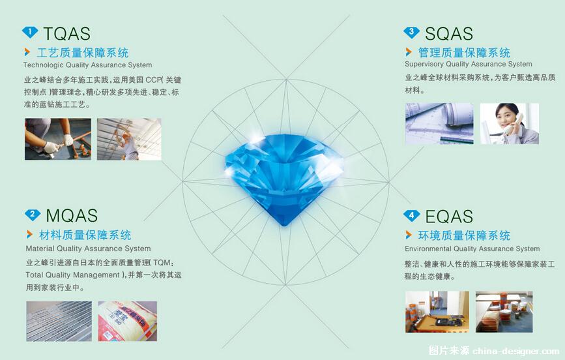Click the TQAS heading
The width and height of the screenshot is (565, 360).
(x=66, y=33)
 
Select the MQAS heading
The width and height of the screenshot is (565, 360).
(x=72, y=215)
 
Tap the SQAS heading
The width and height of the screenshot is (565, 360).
(x=448, y=33)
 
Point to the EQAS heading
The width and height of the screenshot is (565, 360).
(x=449, y=217)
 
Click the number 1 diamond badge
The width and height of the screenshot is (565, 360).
(x=30, y=32)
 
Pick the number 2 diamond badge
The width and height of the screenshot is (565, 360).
(x=33, y=215)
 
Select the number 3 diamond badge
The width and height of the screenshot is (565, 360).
(x=411, y=33)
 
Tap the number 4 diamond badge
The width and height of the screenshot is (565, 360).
(x=411, y=216)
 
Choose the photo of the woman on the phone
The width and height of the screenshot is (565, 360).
(x=510, y=124)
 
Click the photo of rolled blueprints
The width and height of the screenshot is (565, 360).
(x=439, y=124)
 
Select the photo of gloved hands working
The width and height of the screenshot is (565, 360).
(x=57, y=139)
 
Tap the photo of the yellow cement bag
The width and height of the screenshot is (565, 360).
(x=128, y=321)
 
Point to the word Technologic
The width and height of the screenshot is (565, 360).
(x=43, y=65)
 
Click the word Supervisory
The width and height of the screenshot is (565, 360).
(x=424, y=64)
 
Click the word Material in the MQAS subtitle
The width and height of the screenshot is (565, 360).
(x=40, y=248)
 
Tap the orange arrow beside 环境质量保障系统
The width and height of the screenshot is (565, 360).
(x=409, y=235)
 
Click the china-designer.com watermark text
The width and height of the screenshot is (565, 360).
(x=515, y=351)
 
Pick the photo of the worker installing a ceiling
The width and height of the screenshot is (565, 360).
(x=129, y=139)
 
